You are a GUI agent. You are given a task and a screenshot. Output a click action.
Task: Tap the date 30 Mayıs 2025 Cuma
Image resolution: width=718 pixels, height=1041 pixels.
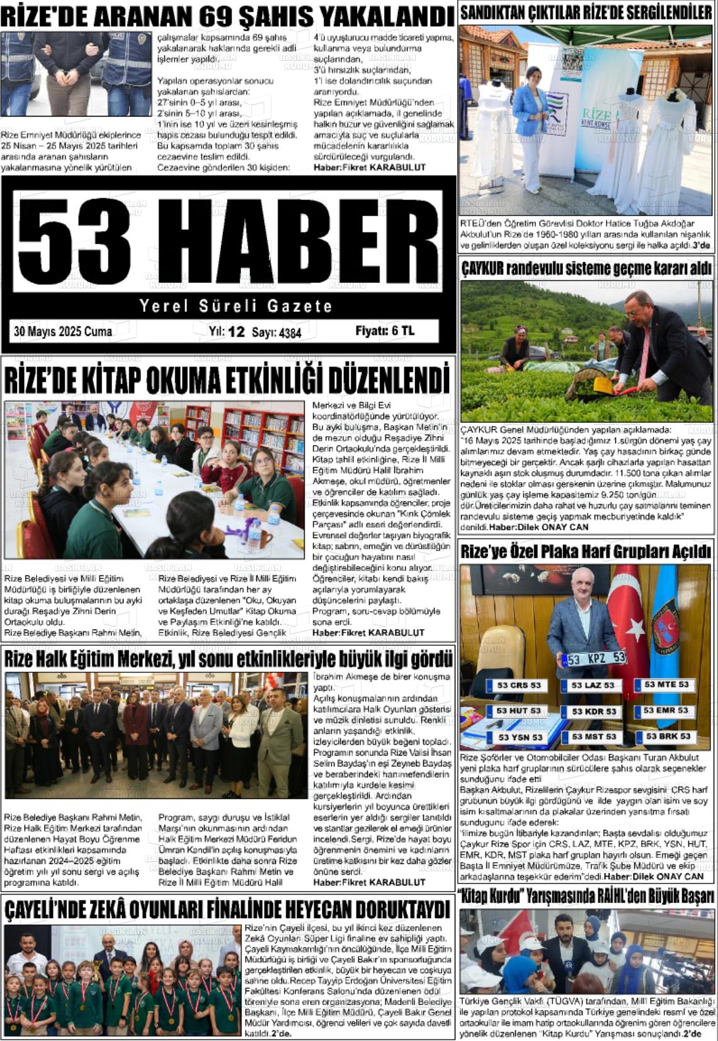(63, 331)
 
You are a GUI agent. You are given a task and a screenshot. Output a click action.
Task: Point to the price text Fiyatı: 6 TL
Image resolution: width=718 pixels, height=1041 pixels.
(385, 331)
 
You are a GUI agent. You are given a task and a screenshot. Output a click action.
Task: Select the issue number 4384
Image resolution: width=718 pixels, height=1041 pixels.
(290, 333)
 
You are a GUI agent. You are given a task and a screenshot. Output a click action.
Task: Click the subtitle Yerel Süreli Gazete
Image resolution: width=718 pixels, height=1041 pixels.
(236, 306)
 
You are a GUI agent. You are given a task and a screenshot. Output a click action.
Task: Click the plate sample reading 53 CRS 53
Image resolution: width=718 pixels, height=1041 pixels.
(518, 685)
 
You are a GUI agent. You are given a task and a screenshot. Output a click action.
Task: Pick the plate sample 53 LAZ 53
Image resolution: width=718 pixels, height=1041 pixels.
(592, 685)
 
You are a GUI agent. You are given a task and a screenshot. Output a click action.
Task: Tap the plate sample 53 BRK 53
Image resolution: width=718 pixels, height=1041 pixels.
(668, 736)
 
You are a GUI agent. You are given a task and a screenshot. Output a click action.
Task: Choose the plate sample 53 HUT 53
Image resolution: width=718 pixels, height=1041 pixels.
(518, 711)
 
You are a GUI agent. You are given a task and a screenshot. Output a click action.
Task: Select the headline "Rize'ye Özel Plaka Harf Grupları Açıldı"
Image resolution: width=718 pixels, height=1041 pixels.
(586, 552)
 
